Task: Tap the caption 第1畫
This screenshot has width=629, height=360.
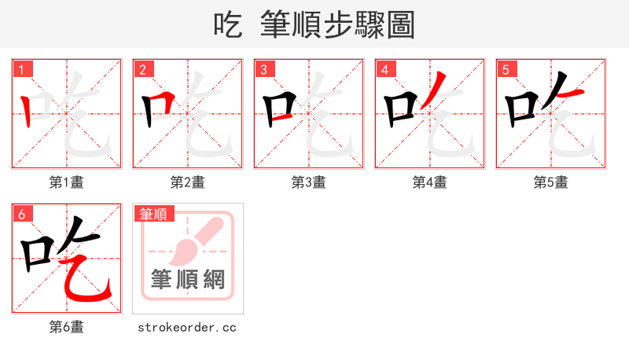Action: (x=67, y=182)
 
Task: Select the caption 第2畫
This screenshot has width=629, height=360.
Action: (x=188, y=182)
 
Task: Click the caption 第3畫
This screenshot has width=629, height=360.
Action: (x=309, y=182)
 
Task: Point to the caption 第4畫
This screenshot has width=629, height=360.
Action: (x=430, y=182)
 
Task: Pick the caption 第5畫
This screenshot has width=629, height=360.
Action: (x=551, y=182)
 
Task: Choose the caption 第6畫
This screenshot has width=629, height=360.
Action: (x=67, y=327)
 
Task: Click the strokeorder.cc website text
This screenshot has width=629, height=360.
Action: (x=187, y=327)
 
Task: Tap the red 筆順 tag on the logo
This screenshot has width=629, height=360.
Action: (x=154, y=214)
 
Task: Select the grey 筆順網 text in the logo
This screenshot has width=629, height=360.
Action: (x=188, y=279)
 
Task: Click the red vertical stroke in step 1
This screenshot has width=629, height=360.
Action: (x=28, y=112)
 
